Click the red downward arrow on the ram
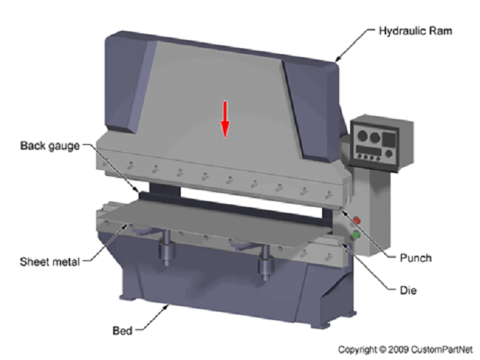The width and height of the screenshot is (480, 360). (225, 119)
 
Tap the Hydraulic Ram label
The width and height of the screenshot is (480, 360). (416, 31)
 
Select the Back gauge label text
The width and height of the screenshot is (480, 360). (50, 146)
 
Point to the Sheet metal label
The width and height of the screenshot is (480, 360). (49, 262)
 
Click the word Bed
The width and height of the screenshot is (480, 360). (123, 330)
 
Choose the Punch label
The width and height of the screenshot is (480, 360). (416, 258)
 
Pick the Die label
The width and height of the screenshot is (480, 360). (408, 291)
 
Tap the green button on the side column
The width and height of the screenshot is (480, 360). (356, 234)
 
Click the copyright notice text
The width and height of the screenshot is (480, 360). (405, 350)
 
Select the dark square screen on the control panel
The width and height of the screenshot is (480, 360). (388, 139)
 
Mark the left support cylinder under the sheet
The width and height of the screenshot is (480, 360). (166, 248)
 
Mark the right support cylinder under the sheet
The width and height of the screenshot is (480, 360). (265, 262)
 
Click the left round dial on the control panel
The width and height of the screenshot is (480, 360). (363, 135)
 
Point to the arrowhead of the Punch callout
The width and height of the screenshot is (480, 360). (343, 212)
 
